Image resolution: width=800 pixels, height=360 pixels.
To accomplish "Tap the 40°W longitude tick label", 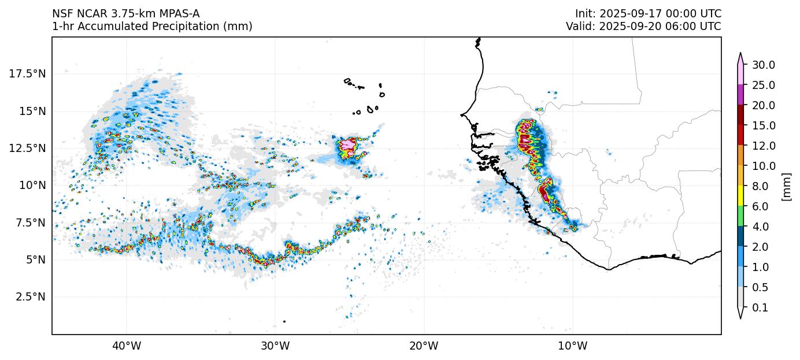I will click(x=127, y=346).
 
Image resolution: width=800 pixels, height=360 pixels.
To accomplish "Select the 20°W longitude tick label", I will click(x=424, y=346).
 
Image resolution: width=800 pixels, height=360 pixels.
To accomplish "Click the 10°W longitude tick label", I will click(x=573, y=346).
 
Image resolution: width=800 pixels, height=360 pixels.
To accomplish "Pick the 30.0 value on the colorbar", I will click(x=763, y=65).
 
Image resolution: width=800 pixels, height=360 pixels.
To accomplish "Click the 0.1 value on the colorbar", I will click(x=760, y=308).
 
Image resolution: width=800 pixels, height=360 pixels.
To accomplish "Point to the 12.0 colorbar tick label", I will click(x=763, y=146).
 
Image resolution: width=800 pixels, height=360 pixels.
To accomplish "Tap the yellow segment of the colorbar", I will click(x=740, y=196).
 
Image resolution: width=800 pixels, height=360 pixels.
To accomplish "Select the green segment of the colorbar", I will click(x=740, y=216).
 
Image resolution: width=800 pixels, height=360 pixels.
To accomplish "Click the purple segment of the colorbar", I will click(x=740, y=95).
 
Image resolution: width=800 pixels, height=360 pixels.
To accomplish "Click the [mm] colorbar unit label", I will click(x=786, y=186).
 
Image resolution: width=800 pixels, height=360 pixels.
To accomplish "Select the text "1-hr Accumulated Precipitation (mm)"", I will click(x=152, y=27).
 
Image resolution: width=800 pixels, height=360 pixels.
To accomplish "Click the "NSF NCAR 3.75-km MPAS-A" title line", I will click(x=126, y=14).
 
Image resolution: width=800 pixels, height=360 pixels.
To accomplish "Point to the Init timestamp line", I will click(x=648, y=14).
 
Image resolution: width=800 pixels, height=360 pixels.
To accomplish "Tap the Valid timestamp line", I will click(x=643, y=27).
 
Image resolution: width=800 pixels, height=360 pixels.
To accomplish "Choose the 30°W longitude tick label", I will click(x=275, y=346).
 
